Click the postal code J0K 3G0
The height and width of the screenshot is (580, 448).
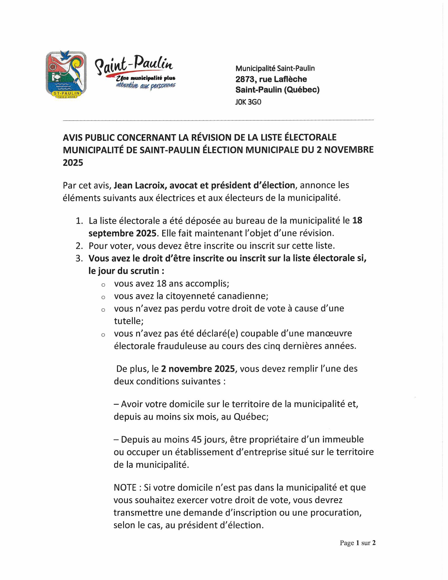248,102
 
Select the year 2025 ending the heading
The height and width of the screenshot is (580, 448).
73,163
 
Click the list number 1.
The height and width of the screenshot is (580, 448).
79,221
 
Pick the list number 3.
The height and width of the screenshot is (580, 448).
79,258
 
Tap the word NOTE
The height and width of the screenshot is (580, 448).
125,488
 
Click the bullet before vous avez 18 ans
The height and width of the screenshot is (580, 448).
103,285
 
